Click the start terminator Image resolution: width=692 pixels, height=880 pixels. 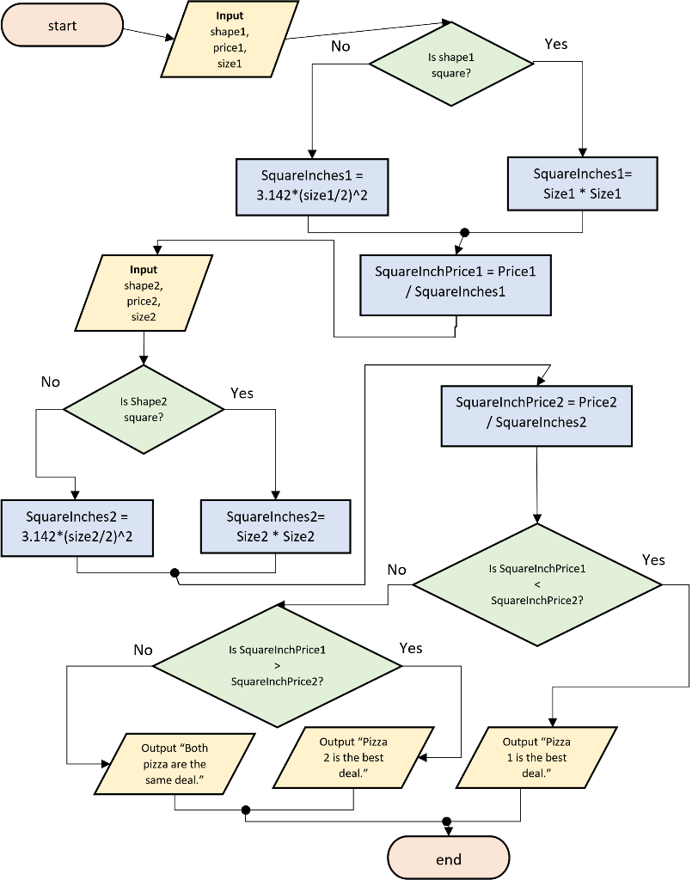click(x=62, y=25)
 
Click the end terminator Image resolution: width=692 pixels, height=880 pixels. click(x=449, y=859)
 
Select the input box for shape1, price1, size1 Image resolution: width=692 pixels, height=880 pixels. click(x=230, y=40)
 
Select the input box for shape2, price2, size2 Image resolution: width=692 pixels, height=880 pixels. click(x=144, y=293)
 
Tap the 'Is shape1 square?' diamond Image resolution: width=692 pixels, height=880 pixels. click(x=451, y=64)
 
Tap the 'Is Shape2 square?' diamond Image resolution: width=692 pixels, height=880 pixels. click(x=144, y=409)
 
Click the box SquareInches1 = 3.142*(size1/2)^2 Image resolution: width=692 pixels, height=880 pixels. click(x=312, y=186)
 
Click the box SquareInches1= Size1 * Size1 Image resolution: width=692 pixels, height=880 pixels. click(x=582, y=184)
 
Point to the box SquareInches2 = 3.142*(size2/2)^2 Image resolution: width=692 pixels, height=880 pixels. click(x=77, y=528)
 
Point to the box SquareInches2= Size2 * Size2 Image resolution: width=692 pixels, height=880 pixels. click(x=275, y=527)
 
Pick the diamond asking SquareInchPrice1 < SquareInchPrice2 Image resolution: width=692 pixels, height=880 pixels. click(x=537, y=584)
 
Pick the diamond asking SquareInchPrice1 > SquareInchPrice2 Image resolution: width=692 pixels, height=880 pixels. click(x=277, y=666)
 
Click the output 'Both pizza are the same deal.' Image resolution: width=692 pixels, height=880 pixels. click(x=175, y=764)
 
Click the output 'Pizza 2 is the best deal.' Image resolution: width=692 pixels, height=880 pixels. click(x=353, y=757)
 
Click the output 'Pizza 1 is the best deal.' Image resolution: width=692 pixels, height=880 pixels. click(x=536, y=757)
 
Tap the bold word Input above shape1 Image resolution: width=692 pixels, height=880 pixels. click(x=230, y=15)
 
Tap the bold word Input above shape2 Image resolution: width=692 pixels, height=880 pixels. click(x=144, y=270)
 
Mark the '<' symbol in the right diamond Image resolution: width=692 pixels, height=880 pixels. click(x=537, y=584)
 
